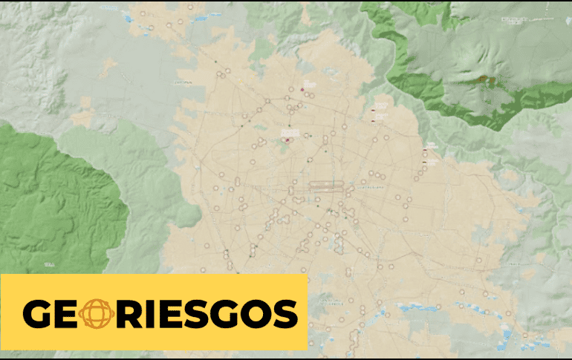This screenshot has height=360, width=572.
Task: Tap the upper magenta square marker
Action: (x=303, y=90)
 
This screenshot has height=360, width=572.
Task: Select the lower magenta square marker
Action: (x=287, y=138)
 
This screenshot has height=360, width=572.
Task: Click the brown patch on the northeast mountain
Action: (x=487, y=79)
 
